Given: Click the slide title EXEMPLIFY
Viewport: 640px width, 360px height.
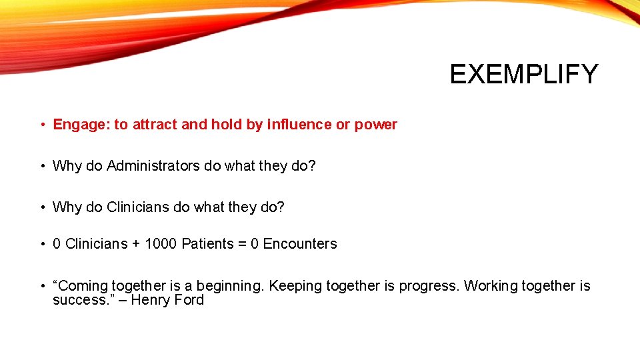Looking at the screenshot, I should click(524, 74).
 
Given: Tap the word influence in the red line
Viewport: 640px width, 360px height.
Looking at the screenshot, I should click(299, 125).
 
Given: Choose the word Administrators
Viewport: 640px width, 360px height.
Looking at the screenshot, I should click(153, 166).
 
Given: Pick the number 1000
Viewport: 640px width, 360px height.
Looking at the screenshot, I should click(161, 244).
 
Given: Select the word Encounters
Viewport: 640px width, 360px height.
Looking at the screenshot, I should click(300, 244).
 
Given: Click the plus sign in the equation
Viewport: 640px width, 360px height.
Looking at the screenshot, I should click(136, 244).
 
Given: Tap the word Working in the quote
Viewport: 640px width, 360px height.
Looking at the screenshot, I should click(491, 286).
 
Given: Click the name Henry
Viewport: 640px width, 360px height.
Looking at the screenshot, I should click(151, 300).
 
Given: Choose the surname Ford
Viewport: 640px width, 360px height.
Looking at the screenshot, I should click(189, 300).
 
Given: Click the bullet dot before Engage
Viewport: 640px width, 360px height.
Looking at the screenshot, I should click(41, 125).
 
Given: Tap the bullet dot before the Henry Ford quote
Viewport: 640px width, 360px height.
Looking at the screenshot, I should click(41, 286).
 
